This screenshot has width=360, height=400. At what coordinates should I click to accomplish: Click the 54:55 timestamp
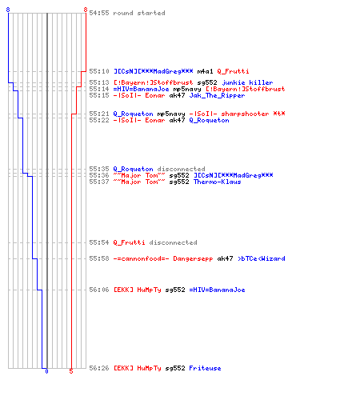point(99,13)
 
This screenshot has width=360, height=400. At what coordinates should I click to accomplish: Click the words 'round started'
point(139,13)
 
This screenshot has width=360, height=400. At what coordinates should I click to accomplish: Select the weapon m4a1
point(205,71)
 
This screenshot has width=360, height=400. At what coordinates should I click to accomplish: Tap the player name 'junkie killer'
point(247,82)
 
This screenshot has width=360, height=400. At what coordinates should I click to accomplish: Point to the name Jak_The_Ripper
point(217,95)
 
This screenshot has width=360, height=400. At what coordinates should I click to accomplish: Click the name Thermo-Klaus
point(217,182)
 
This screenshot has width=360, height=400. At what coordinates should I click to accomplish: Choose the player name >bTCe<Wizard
point(262,258)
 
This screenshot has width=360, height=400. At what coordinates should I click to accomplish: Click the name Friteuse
point(205,368)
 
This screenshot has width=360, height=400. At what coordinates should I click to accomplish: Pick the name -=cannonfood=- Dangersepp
point(163,258)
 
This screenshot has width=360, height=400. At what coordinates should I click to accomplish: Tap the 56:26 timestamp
point(99,368)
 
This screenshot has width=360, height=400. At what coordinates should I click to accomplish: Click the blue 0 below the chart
point(46,371)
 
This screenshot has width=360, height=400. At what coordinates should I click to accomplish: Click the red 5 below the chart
point(71,371)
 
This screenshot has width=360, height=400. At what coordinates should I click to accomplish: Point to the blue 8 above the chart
point(8,10)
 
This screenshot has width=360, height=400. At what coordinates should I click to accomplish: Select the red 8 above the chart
point(86,10)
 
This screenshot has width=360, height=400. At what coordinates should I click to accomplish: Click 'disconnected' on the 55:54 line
point(173,242)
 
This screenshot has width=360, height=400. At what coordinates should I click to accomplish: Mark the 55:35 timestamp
point(99,169)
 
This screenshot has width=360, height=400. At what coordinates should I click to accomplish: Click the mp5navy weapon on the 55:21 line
point(171,114)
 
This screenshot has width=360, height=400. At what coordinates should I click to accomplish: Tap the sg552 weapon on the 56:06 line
point(175,290)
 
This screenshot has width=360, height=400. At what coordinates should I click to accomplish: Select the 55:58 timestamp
point(99,258)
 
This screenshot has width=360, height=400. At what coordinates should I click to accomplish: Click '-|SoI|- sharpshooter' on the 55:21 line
point(229,114)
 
